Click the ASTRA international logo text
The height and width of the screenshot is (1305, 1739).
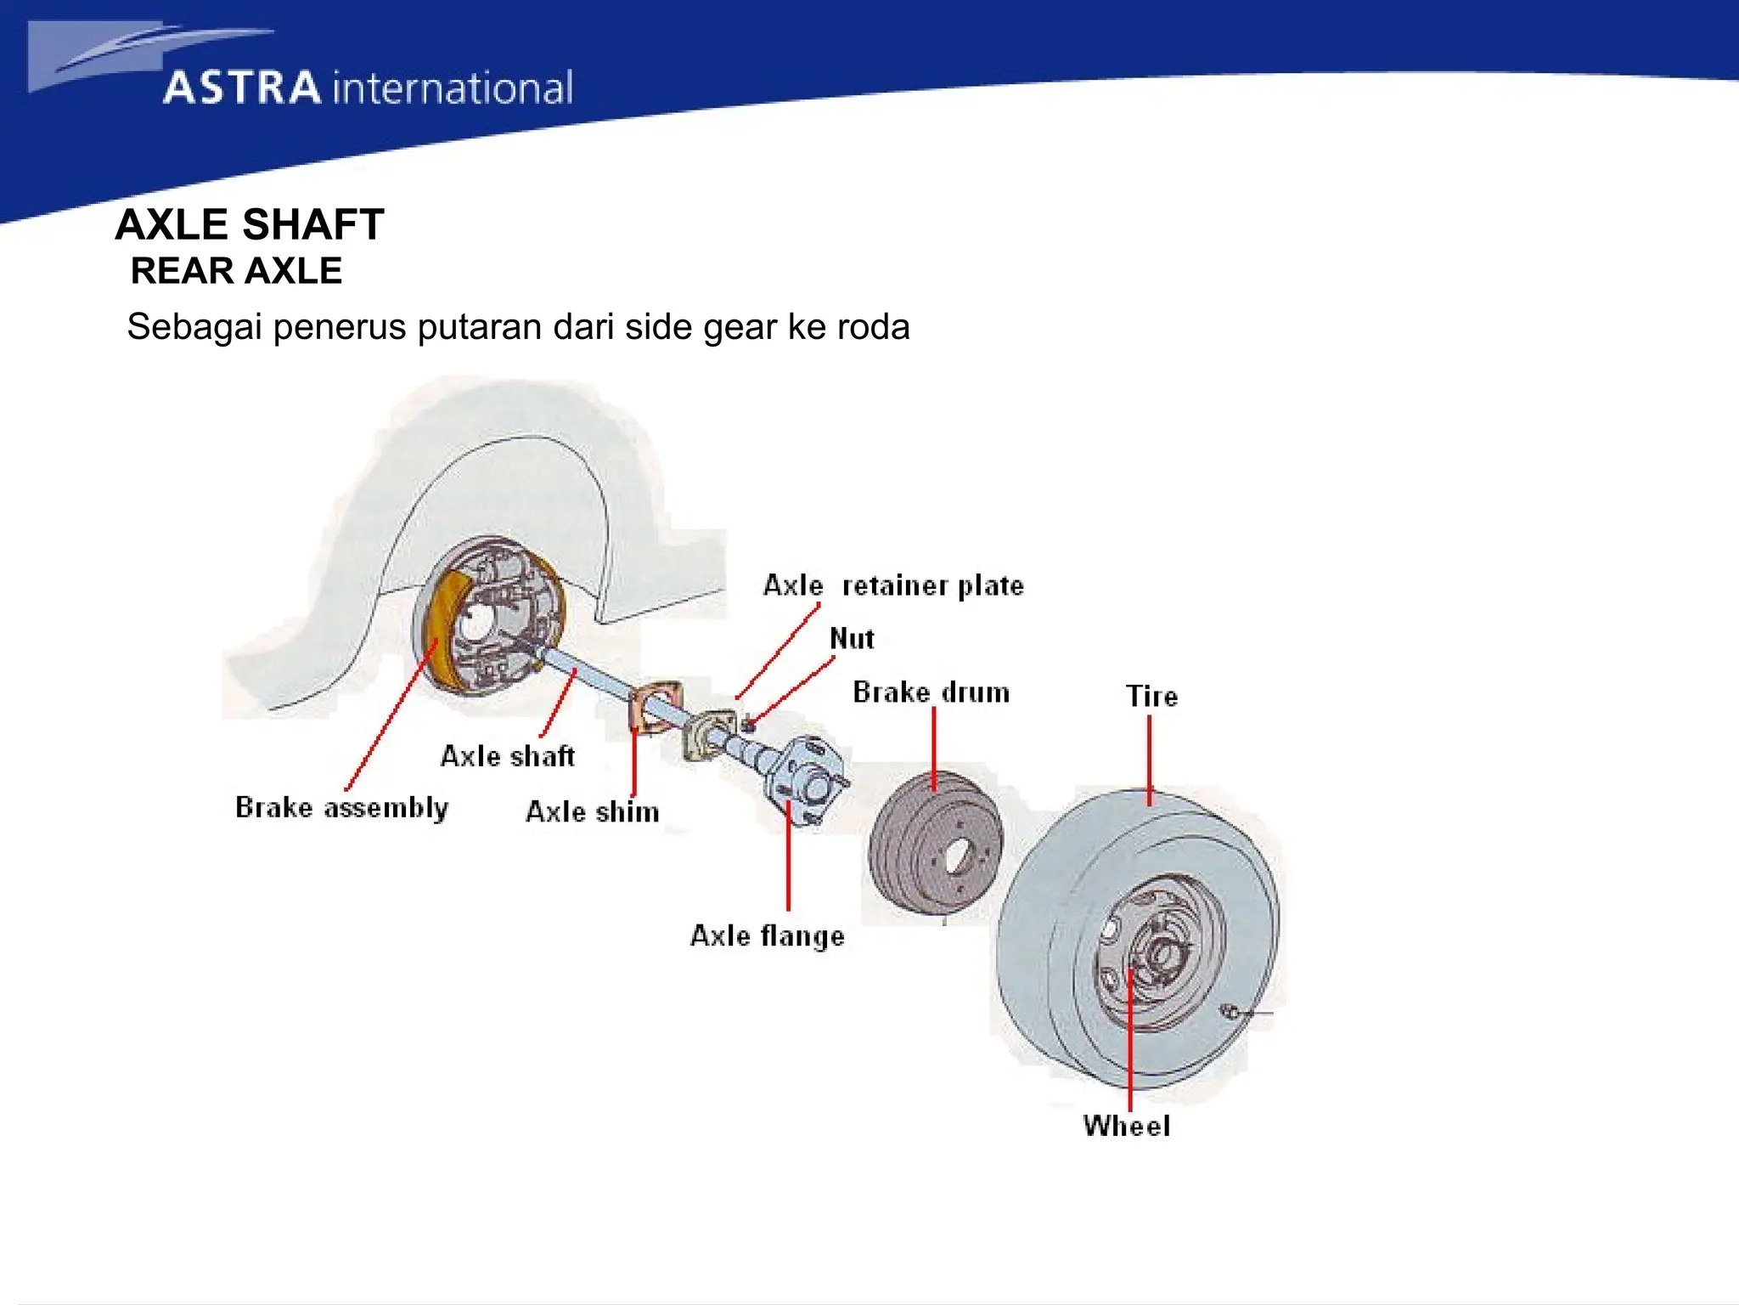pyautogui.click(x=368, y=88)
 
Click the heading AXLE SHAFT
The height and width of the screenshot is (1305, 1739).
pyautogui.click(x=250, y=225)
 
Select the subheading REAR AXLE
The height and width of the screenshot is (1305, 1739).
pyautogui.click(x=236, y=271)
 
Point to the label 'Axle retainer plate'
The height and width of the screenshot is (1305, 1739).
pyautogui.click(x=893, y=585)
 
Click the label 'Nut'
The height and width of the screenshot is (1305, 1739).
pyautogui.click(x=852, y=638)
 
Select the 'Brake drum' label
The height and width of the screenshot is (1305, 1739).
pyautogui.click(x=931, y=692)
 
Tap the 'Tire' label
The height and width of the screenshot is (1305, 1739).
pyautogui.click(x=1151, y=697)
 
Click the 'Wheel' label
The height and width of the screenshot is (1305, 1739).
pyautogui.click(x=1126, y=1126)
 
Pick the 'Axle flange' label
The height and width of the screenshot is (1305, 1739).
pyautogui.click(x=767, y=935)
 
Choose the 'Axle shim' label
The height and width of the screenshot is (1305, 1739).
pyautogui.click(x=592, y=811)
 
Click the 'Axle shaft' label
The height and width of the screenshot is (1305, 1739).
pyautogui.click(x=507, y=756)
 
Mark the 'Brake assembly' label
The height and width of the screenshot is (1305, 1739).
pyautogui.click(x=341, y=807)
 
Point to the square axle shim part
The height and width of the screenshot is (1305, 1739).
pyautogui.click(x=656, y=704)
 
